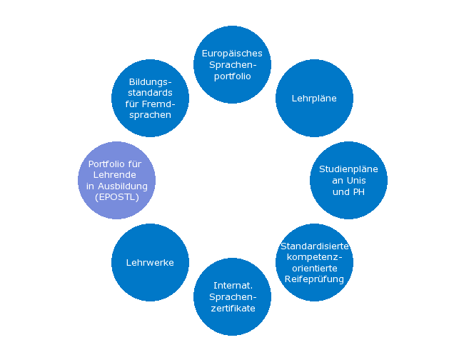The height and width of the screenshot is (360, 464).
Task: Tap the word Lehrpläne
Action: (314, 99)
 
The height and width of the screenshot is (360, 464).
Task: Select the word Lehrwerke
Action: (150, 263)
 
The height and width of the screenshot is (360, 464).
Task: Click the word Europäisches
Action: (232, 54)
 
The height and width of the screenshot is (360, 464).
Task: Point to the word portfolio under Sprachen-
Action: (233, 76)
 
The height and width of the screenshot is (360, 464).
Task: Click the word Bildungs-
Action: (150, 81)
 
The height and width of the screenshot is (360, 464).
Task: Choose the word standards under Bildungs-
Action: (150, 93)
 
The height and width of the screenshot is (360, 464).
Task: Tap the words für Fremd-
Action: (150, 104)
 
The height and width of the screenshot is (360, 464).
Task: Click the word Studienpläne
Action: (348, 169)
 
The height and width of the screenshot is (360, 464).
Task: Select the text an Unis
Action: (348, 181)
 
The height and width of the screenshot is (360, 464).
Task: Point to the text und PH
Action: (348, 192)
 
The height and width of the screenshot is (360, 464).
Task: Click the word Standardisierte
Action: (314, 246)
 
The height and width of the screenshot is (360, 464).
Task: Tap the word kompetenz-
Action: (314, 257)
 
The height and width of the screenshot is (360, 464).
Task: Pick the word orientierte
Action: (314, 269)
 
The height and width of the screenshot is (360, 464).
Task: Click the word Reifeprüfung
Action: (314, 279)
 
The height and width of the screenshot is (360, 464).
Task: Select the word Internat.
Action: (233, 286)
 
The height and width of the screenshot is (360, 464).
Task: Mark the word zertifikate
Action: (233, 309)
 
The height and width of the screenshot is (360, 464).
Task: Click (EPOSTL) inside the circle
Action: (116, 197)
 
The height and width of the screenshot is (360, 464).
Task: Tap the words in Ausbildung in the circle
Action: (116, 186)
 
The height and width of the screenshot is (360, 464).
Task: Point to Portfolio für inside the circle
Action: (115, 164)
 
